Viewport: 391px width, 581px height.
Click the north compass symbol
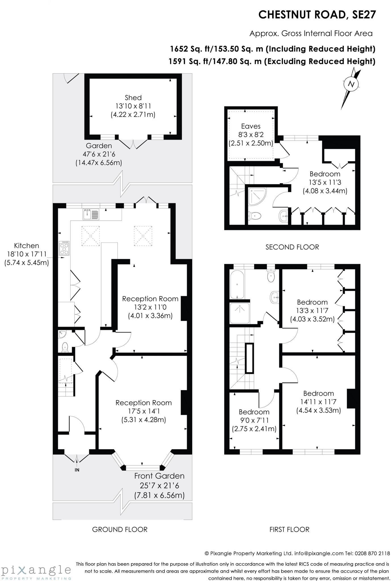coord(352,84)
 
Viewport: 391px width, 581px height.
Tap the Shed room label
coord(133,98)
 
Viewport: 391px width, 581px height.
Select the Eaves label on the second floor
coord(251,126)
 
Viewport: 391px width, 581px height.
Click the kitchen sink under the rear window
coord(91,214)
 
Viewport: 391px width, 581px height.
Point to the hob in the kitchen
coord(64,248)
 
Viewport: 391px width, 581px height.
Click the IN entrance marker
coord(77,470)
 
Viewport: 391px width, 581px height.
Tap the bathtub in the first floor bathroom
coord(237,285)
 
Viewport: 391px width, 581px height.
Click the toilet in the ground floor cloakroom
coord(65,347)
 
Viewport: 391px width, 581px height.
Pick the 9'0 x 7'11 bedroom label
coord(254,420)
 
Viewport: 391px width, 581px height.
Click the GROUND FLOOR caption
coord(120,529)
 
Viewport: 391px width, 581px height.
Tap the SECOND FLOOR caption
coord(292,247)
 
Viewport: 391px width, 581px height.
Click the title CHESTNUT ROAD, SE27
coord(317,15)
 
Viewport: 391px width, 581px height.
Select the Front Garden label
coord(159,476)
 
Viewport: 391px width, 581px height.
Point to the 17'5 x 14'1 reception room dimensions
coord(143,411)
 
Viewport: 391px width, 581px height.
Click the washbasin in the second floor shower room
coord(284,216)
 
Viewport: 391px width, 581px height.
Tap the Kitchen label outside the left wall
coord(27,246)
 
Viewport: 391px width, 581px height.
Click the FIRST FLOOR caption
coord(289,529)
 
